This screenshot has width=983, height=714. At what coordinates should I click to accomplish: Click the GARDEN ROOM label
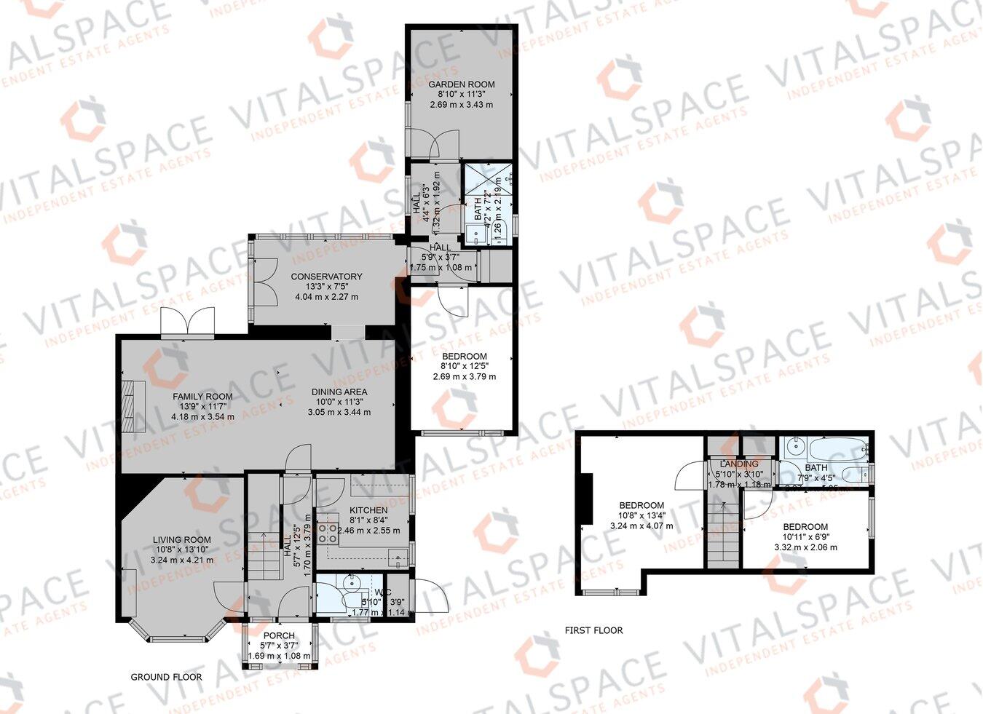(x=461, y=84)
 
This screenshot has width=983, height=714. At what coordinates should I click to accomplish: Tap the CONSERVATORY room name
(x=326, y=277)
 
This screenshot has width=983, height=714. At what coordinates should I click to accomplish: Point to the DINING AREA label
(x=339, y=392)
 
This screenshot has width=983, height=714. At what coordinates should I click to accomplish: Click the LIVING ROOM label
(x=181, y=540)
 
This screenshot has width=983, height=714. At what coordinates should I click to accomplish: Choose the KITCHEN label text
(x=368, y=510)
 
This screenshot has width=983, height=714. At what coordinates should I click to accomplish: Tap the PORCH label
(x=279, y=635)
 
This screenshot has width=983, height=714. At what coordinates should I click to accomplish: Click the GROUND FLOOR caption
(x=166, y=677)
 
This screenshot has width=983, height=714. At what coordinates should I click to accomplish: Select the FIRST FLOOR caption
(x=593, y=630)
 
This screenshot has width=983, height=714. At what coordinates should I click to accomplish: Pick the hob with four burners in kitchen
(x=327, y=534)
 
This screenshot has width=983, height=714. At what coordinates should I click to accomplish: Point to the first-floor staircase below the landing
(x=722, y=531)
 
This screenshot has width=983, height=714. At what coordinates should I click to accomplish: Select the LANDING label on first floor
(x=738, y=464)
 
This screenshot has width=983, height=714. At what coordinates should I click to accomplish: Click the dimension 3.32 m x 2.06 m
(x=805, y=547)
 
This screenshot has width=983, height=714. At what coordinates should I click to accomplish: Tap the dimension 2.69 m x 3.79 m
(x=464, y=377)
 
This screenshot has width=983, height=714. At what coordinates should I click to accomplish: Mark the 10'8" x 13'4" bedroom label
(x=641, y=505)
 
